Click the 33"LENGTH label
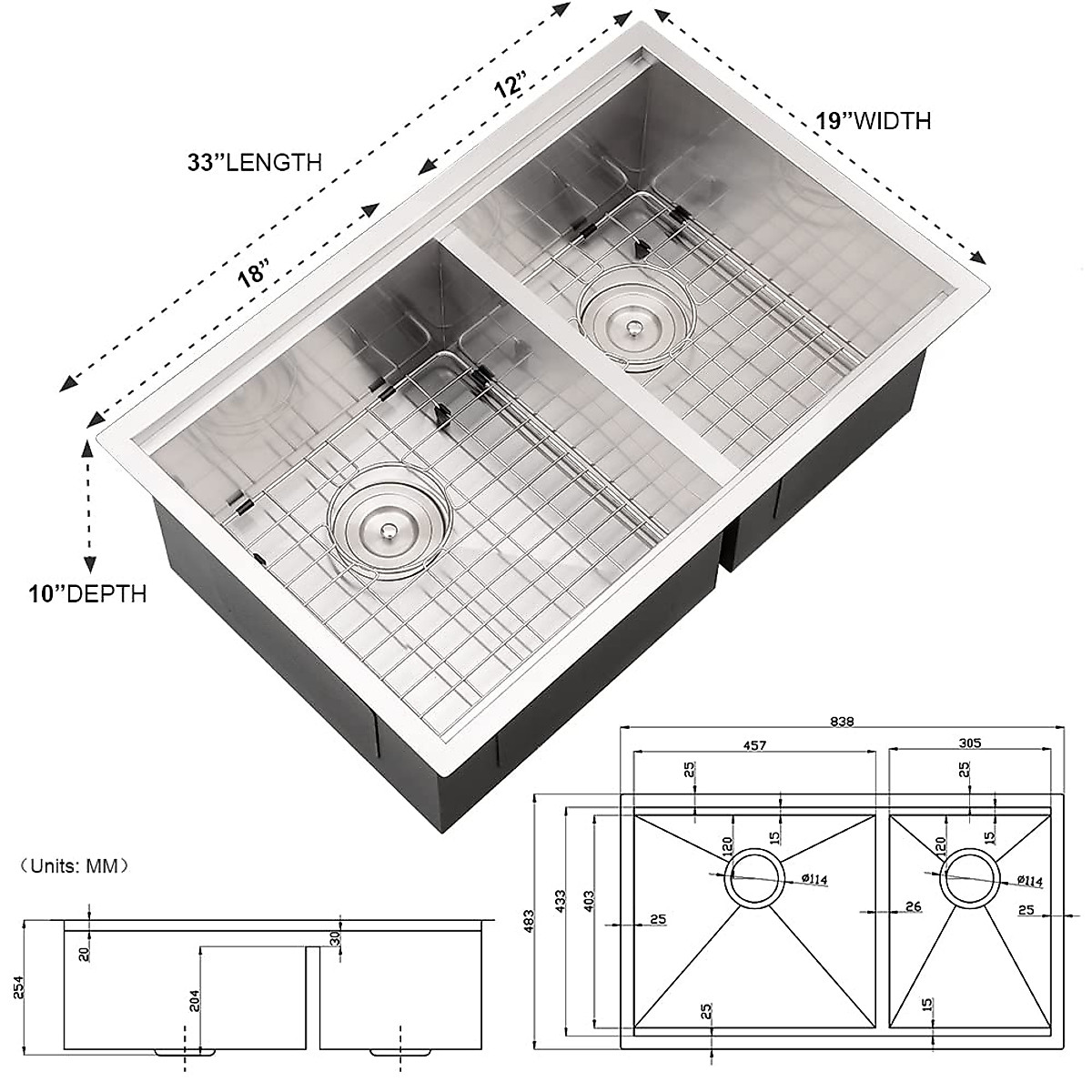pos(254,163)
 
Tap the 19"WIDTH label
pos(873,120)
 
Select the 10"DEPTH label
pos(86,594)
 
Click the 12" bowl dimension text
pos(511,87)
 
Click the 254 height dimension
pos(19,985)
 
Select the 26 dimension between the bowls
pos(915,906)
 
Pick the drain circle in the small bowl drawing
pos(968,879)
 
